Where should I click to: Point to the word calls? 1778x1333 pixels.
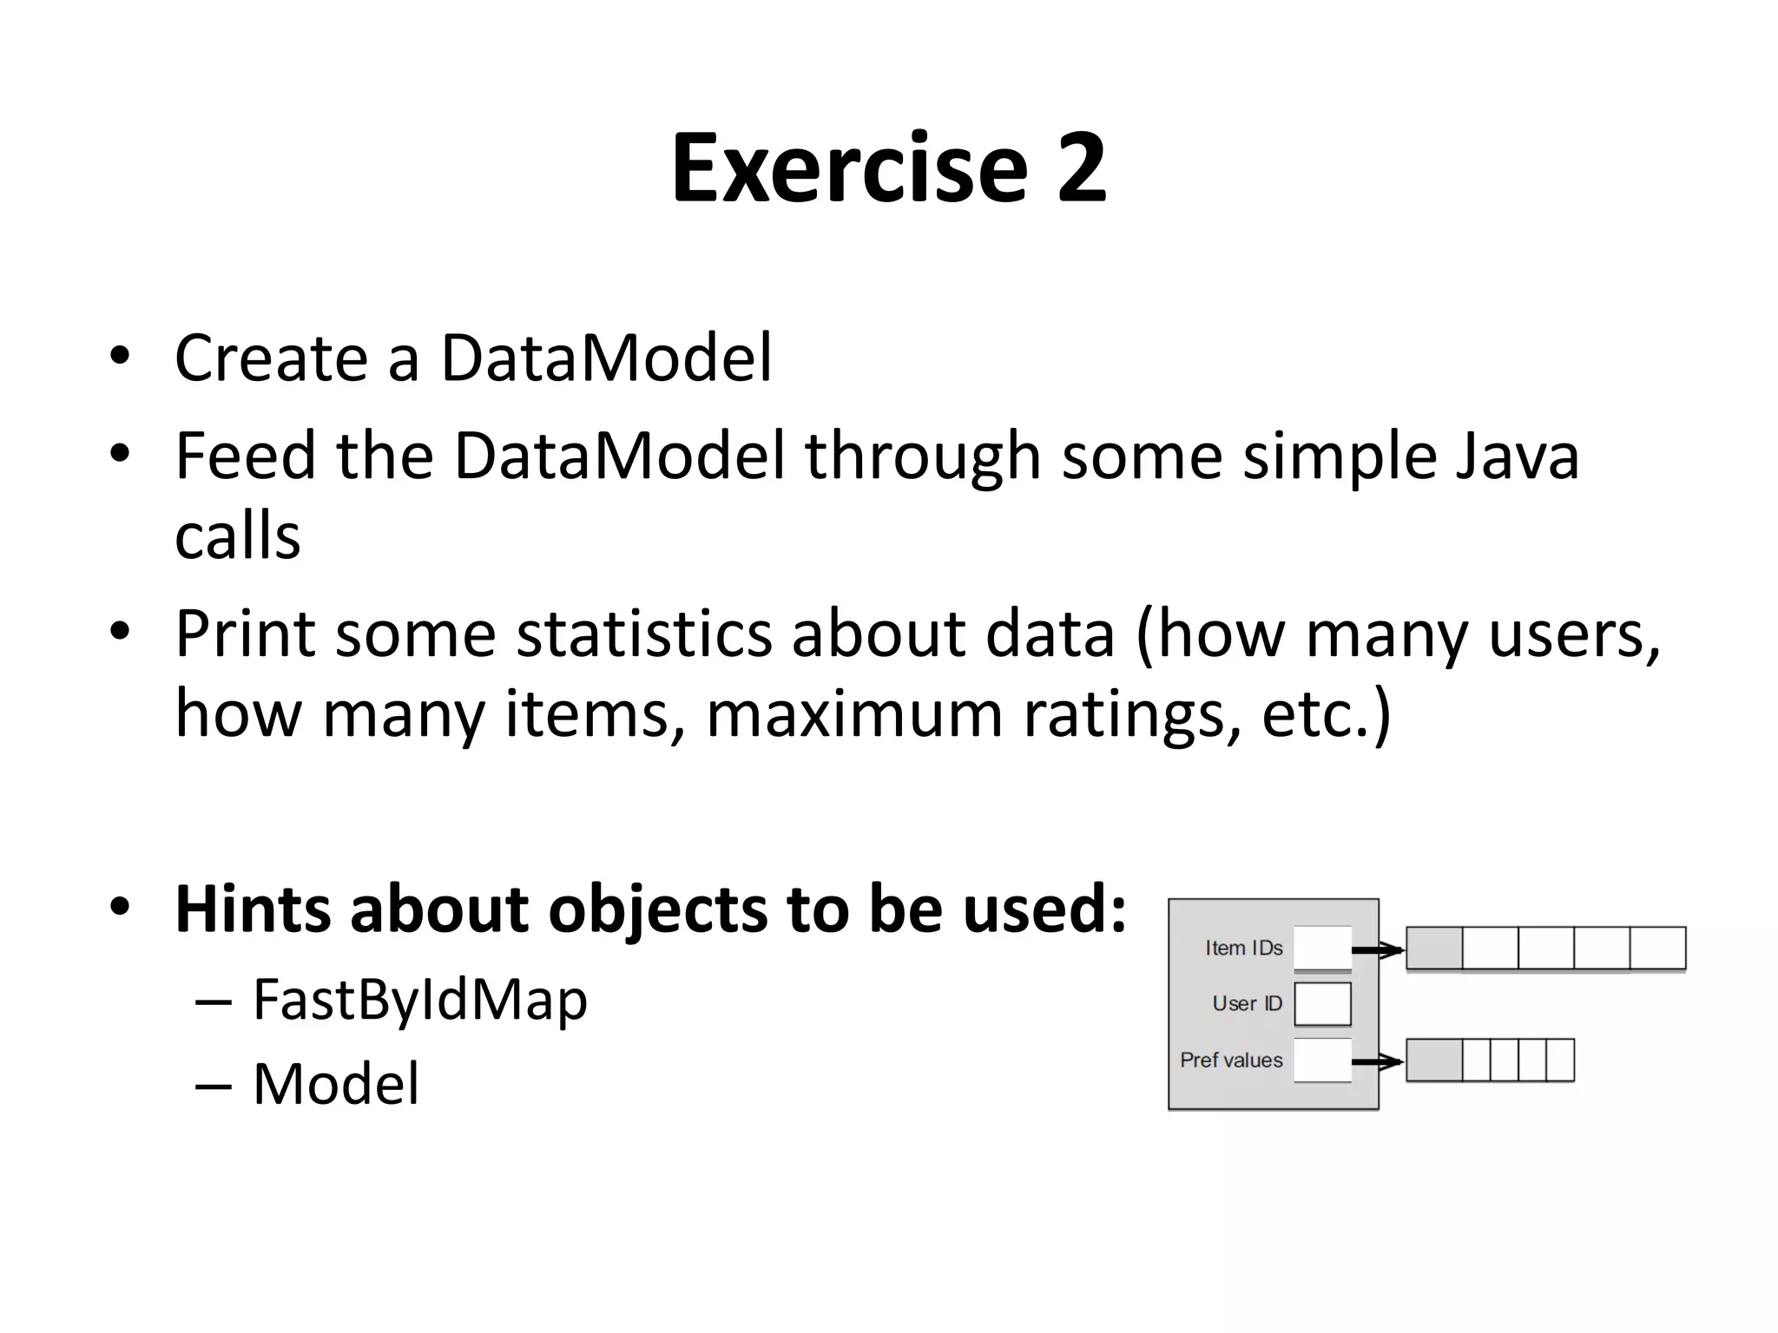coord(237,536)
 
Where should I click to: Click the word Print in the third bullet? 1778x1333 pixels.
coord(245,634)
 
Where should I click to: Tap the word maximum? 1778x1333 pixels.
coord(854,714)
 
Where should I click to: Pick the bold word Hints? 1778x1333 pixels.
coord(253,909)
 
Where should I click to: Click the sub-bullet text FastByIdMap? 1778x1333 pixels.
coord(419,1000)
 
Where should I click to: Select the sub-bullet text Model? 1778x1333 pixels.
coord(335,1084)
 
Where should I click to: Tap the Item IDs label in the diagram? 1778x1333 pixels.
coord(1243,948)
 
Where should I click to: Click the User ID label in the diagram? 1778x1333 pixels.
coord(1247,1003)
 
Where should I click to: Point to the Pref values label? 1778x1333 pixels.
coord(1231,1060)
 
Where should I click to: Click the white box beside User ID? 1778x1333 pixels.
coord(1322,1004)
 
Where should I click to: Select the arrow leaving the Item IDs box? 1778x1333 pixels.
coord(1378,950)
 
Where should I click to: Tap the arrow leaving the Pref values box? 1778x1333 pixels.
coord(1378,1061)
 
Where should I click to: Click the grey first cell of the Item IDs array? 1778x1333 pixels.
coord(1433,948)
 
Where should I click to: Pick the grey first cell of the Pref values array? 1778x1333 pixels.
coord(1433,1060)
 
